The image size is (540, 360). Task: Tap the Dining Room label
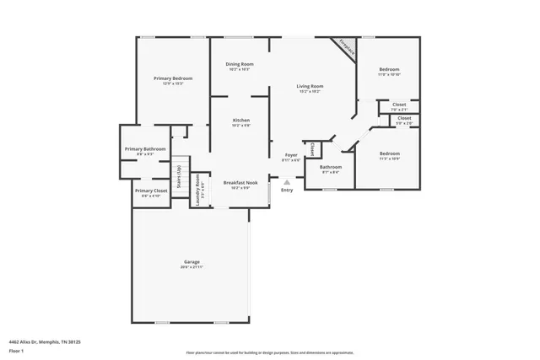pos(239,64)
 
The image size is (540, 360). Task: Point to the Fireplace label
pos(346,48)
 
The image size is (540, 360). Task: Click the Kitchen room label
pos(240,121)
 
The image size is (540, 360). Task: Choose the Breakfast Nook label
pos(239,182)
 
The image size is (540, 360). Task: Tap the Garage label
pos(192,262)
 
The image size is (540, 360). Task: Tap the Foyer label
pos(290,155)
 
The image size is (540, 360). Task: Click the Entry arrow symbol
pos(287,181)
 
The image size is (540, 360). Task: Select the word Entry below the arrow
pos(287,190)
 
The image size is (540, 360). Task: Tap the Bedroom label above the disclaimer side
pos(389,153)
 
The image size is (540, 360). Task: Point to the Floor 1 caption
pos(16,350)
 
